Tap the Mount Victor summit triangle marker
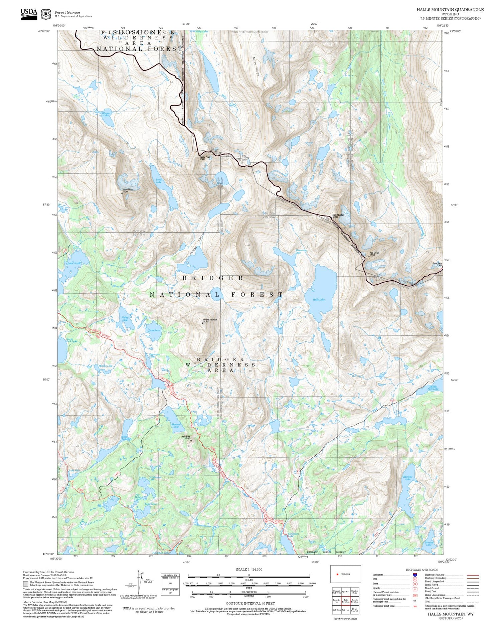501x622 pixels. pyautogui.click(x=122, y=193)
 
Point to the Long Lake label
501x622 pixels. pyautogui.click(x=159, y=181)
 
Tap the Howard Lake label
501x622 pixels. pyautogui.click(x=176, y=425)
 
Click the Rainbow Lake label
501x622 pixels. pyautogui.click(x=408, y=478)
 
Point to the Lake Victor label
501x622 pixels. pyautogui.click(x=74, y=264)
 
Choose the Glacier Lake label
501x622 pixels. pyautogui.click(x=106, y=114)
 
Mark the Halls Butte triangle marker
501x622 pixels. pyautogui.click(x=191, y=440)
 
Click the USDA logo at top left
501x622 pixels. pyautogui.click(x=29, y=13)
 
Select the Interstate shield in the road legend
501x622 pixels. pyautogui.click(x=415, y=575)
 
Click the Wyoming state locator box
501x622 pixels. pyautogui.click(x=345, y=574)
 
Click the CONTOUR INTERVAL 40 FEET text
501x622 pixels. pyautogui.click(x=250, y=603)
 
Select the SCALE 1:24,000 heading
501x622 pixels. pyautogui.click(x=249, y=569)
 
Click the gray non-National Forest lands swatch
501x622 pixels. pyautogui.click(x=26, y=584)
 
